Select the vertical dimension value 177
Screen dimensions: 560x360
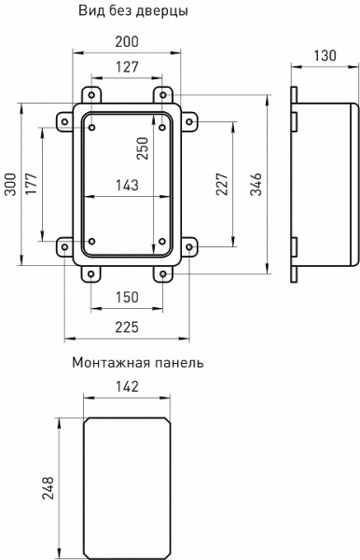point(33,184)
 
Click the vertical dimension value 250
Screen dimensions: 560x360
point(143,148)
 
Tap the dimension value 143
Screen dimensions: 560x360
point(126,185)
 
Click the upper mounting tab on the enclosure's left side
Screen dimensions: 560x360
point(66,121)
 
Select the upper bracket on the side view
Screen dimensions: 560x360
point(294,120)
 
